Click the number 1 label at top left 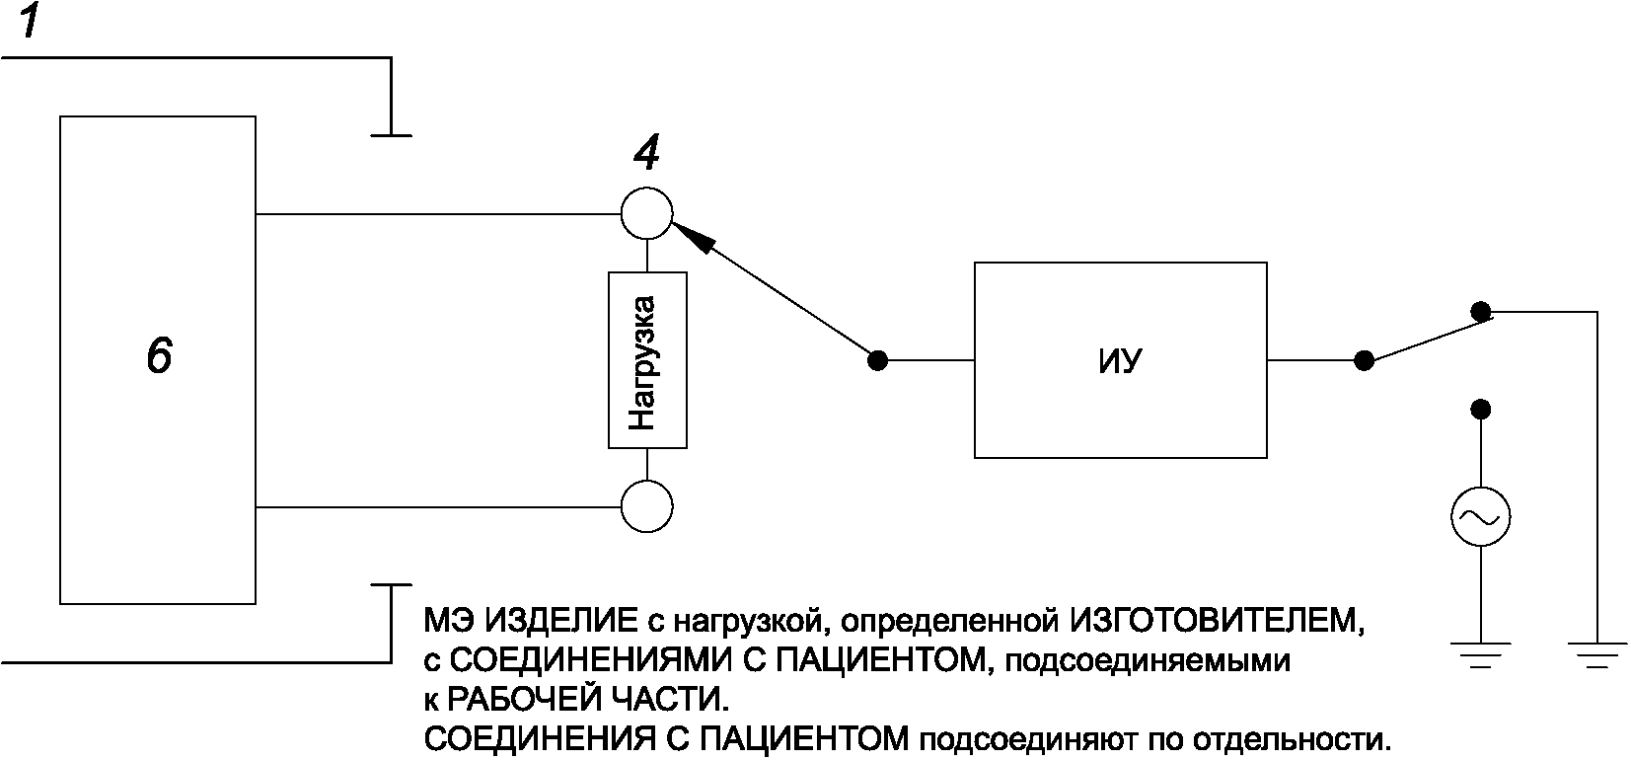click(x=30, y=23)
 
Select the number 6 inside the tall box click(x=159, y=356)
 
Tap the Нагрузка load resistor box click(x=646, y=361)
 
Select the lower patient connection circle click(x=646, y=507)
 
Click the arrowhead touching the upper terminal click(x=691, y=237)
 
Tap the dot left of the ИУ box click(x=876, y=361)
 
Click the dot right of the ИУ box click(x=1364, y=361)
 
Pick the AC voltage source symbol click(x=1480, y=517)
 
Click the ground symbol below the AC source click(x=1480, y=655)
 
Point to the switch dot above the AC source click(x=1480, y=409)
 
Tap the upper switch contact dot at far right click(x=1481, y=312)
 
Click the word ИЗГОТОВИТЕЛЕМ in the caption click(x=1217, y=621)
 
